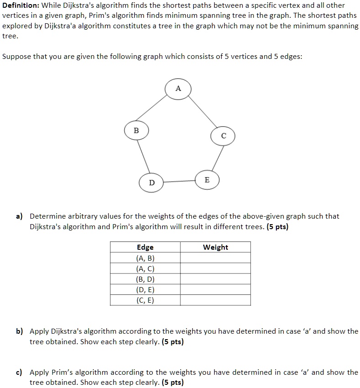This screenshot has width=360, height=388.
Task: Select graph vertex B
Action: click(136, 130)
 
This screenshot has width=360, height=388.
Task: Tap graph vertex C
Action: click(223, 136)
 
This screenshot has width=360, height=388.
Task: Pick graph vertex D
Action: click(152, 183)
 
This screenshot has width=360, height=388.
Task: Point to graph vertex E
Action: click(207, 180)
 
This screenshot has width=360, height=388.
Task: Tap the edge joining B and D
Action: click(143, 157)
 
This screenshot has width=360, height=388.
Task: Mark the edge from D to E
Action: click(179, 182)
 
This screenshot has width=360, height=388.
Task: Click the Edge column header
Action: click(145, 247)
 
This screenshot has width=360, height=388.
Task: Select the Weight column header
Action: click(215, 247)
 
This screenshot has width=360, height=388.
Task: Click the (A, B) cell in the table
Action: click(145, 258)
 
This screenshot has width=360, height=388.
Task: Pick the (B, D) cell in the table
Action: click(145, 279)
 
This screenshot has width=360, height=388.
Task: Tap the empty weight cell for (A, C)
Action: click(215, 268)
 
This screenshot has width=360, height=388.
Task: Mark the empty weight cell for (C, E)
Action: click(215, 300)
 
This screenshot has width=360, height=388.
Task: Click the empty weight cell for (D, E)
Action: click(215, 289)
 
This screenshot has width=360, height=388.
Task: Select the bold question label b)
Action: click(20, 331)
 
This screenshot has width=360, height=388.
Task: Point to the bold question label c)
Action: click(20, 372)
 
